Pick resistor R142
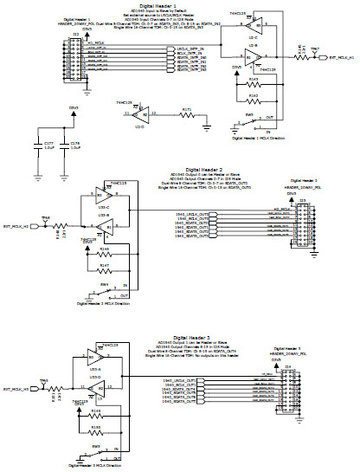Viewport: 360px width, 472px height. pyautogui.click(x=253, y=99)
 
